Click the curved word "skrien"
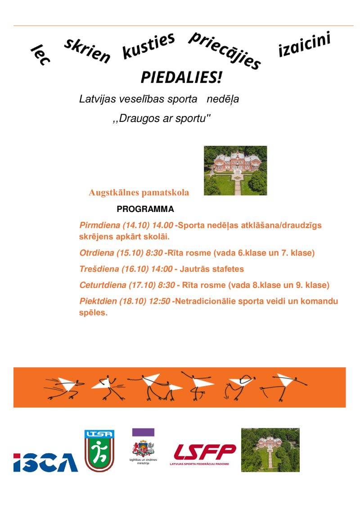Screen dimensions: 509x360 coord(87,51)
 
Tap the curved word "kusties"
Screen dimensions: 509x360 coord(148,46)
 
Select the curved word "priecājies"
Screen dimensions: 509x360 coord(224,50)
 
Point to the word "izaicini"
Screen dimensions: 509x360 coord(304,45)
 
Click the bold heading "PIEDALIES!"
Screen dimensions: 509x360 coord(181,77)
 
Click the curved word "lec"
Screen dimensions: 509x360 coord(40,54)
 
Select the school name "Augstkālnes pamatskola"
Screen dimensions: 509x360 coord(139,193)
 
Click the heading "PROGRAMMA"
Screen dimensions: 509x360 coord(145,209)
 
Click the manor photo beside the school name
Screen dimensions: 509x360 coord(235,170)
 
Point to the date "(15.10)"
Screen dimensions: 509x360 coord(130,253)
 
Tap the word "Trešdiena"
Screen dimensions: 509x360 coord(99,269)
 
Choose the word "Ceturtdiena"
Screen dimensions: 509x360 coord(103,285)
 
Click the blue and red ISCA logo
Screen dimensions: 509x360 coord(45,462)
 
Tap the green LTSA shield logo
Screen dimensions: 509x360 coord(99,450)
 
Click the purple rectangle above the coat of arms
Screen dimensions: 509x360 coord(143,432)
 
